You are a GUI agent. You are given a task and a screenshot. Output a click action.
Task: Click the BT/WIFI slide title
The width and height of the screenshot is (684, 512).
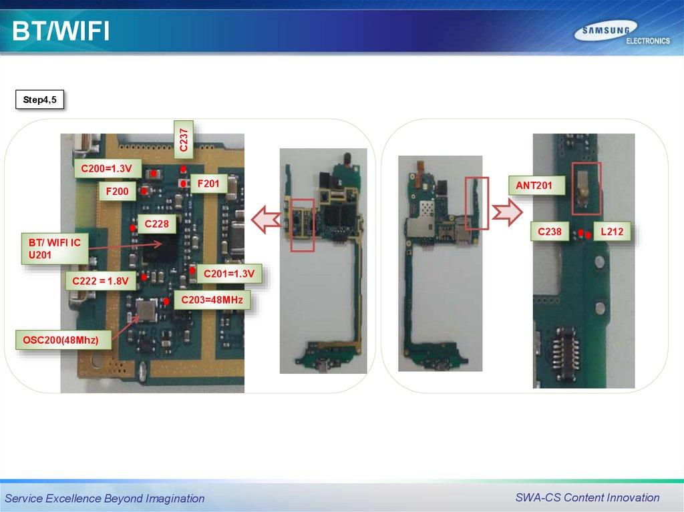coord(60,32)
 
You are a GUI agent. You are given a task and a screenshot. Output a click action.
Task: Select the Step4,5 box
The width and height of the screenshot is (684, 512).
coord(39,100)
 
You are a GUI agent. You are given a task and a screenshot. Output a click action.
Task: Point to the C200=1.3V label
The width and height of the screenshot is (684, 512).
coord(107,170)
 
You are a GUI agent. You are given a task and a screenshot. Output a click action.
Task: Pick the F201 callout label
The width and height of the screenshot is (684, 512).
coord(208,183)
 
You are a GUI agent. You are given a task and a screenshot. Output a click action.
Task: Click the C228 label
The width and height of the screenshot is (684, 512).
coord(156,224)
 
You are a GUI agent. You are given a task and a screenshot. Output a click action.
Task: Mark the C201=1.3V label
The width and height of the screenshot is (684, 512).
coord(228,273)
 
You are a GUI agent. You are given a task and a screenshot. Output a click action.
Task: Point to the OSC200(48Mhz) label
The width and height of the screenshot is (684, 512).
coord(61,340)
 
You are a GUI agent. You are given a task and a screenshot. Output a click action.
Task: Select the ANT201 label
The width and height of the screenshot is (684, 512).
coord(534,185)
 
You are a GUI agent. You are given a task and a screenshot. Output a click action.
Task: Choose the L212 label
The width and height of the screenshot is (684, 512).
coord(611,232)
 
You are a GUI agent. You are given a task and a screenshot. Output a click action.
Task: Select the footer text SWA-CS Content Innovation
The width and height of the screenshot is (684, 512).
coord(587,497)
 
